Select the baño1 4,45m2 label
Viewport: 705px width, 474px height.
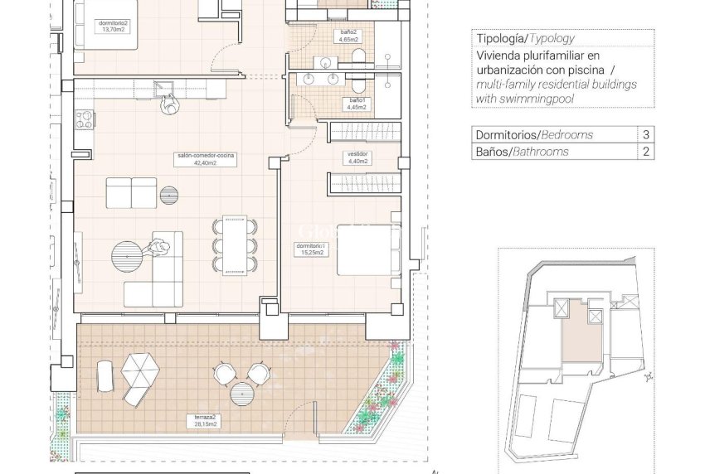(x=357, y=104)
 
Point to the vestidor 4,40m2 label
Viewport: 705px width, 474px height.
(x=358, y=157)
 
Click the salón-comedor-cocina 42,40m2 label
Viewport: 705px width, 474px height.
(x=197, y=159)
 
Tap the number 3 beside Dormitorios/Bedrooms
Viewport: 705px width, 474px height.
(x=645, y=134)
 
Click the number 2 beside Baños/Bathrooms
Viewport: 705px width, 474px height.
(x=645, y=152)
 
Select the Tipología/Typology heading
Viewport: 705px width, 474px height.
(x=524, y=38)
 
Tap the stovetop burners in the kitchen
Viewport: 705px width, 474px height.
(x=83, y=119)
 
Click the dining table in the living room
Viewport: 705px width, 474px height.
(x=234, y=244)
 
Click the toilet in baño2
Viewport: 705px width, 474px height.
(x=357, y=55)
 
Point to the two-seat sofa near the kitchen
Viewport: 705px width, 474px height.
(x=131, y=194)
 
